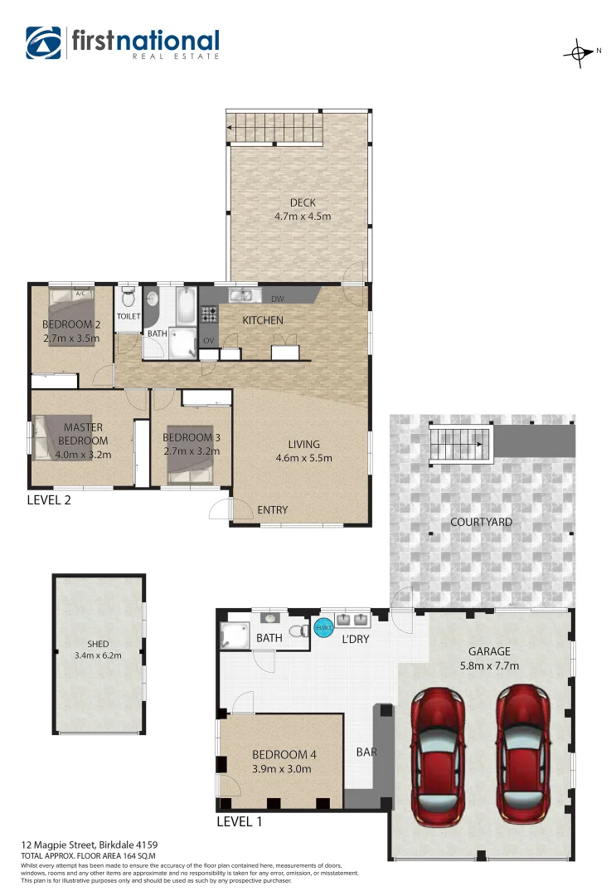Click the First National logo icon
click(44, 43)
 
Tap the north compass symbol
click(577, 52)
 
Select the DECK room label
click(303, 203)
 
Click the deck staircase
click(273, 128)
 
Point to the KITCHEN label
click(263, 320)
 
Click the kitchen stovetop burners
click(209, 314)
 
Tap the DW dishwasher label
click(278, 299)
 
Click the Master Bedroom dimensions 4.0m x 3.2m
click(83, 454)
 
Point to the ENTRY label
click(272, 509)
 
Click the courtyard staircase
click(461, 443)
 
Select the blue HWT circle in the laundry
click(323, 628)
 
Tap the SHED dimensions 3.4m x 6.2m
click(98, 655)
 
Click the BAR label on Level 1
click(366, 752)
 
